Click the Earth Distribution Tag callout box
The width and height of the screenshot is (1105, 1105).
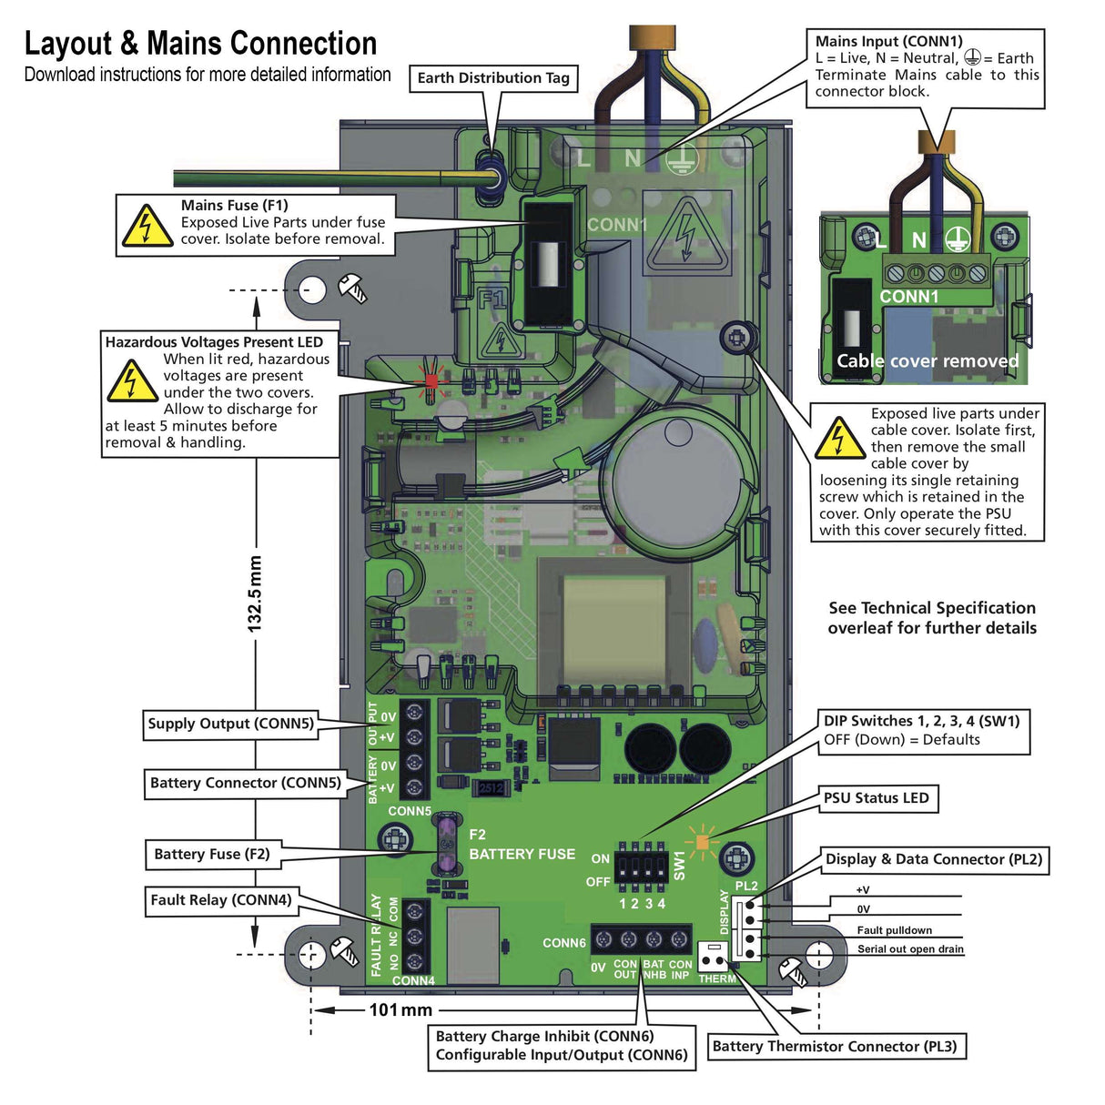[493, 78]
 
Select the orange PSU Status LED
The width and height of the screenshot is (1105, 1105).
[702, 842]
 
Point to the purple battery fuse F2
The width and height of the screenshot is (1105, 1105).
[447, 845]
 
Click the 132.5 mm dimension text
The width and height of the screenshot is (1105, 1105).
[255, 593]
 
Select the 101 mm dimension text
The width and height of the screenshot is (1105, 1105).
[400, 1009]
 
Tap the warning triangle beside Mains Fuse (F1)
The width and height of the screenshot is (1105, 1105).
[147, 226]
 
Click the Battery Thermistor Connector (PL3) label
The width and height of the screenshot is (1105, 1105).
[835, 1047]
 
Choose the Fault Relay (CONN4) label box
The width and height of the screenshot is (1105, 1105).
[221, 900]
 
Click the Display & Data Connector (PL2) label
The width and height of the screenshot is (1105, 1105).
[934, 859]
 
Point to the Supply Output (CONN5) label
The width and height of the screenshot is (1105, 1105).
[231, 724]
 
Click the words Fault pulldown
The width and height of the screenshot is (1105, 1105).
[894, 930]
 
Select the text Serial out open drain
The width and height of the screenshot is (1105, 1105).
[910, 949]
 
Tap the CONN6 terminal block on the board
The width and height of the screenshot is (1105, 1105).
[641, 939]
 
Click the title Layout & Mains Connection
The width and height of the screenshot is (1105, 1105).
[200, 44]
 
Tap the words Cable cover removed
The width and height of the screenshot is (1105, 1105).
[928, 361]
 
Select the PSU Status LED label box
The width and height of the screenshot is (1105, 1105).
[877, 798]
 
